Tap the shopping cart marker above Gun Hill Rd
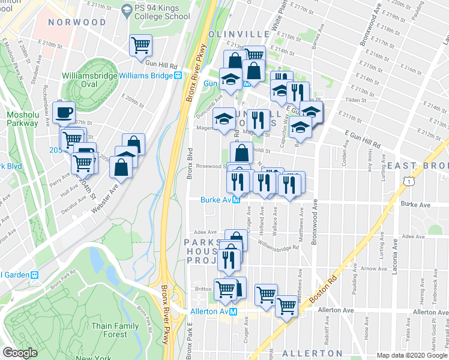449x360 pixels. (140, 44)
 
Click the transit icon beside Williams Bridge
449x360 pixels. (178, 76)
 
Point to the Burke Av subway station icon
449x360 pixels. (237, 201)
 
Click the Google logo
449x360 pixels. (19, 353)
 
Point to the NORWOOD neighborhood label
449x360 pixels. (77, 22)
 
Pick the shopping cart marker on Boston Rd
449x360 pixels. (287, 306)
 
